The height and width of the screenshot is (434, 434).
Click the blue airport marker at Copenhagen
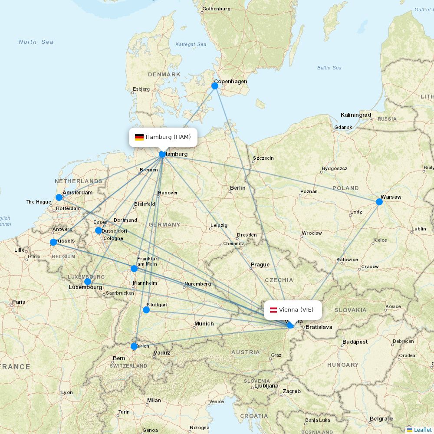pos(215,86)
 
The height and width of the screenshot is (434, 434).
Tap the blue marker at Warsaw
pos(379,202)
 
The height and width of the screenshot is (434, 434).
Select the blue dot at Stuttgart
pos(146,310)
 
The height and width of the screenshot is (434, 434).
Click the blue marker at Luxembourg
pos(88,282)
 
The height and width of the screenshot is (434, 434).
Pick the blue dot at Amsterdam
pos(59,197)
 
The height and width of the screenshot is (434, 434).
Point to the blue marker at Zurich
pos(134,346)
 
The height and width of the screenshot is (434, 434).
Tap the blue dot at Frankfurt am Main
pos(134,269)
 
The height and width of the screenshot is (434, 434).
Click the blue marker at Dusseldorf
pos(99,230)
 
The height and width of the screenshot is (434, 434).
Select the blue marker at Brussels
pos(53,242)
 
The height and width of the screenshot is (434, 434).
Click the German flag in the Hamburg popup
pos(139,137)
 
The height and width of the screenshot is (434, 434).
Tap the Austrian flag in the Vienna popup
pos(274,310)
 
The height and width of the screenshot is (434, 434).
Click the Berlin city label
pos(237,188)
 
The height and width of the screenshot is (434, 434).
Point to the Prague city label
pos(260,265)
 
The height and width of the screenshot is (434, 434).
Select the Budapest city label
pos(355,342)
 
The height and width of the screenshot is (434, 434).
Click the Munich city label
pos(204,324)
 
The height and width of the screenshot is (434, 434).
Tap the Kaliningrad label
pos(355,115)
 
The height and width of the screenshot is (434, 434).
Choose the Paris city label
pos(19,302)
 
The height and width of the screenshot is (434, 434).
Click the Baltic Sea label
pos(329,68)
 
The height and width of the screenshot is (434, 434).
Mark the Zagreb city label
pos(291,391)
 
